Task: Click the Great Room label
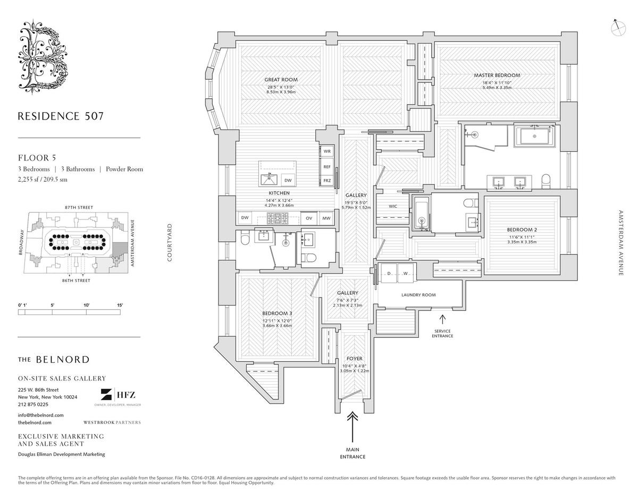coord(281,80)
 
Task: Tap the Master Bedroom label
coord(497,75)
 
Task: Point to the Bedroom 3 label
coord(277,313)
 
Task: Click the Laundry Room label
coord(418,295)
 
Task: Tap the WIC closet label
coord(393,206)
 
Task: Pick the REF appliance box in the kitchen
coord(327,166)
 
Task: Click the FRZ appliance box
coord(327,181)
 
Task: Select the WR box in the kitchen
coord(327,151)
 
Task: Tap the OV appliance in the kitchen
coord(309,218)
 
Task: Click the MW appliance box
coord(326,218)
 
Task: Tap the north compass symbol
coord(619,28)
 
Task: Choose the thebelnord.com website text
coord(35,422)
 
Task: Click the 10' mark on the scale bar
coord(86,305)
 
